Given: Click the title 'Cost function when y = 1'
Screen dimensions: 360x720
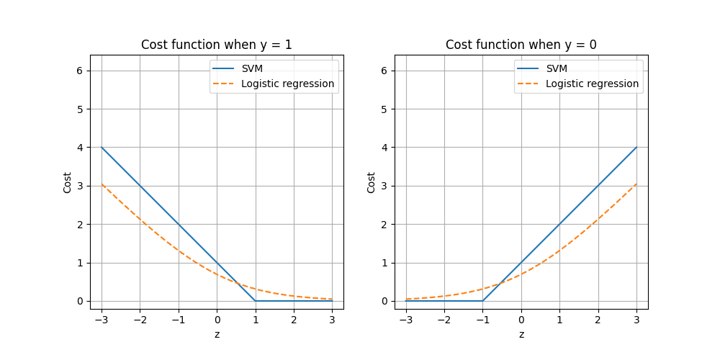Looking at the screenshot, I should (x=216, y=45).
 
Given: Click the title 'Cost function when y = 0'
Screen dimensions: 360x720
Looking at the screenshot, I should (x=521, y=45).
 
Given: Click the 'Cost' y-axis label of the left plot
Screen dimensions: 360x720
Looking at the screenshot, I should (x=67, y=182).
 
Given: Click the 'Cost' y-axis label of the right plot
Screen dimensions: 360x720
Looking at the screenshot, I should (x=372, y=182).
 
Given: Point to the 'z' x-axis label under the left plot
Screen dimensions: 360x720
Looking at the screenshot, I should (x=217, y=335).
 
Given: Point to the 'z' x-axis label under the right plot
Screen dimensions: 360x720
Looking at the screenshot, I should (x=521, y=335).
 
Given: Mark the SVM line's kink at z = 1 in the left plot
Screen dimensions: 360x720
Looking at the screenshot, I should (x=256, y=301).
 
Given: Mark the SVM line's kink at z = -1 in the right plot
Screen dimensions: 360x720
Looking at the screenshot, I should (x=482, y=301).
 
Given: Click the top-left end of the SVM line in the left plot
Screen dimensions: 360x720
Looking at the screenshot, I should (x=102, y=148).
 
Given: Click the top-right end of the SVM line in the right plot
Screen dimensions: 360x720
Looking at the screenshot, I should (x=636, y=148).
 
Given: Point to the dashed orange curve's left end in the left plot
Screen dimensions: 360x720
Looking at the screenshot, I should (x=102, y=184).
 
